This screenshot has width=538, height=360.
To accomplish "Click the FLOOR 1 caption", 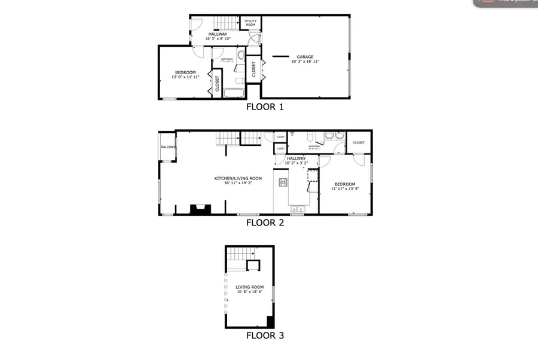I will (265, 108).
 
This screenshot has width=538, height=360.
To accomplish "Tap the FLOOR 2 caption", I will (265, 223).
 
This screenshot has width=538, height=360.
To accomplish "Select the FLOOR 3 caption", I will (265, 335).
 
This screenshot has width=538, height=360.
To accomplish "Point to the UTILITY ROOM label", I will (250, 23).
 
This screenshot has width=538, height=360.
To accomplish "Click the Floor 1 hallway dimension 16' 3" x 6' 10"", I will (216, 39).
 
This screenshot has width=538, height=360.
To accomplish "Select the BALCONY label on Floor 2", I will (168, 147).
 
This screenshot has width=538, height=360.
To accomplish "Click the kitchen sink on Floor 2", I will (296, 209).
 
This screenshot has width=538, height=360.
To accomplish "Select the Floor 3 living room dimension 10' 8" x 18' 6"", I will (249, 292).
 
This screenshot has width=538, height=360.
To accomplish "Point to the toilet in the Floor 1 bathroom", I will (240, 57).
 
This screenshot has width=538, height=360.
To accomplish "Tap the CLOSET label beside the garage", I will (254, 69).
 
